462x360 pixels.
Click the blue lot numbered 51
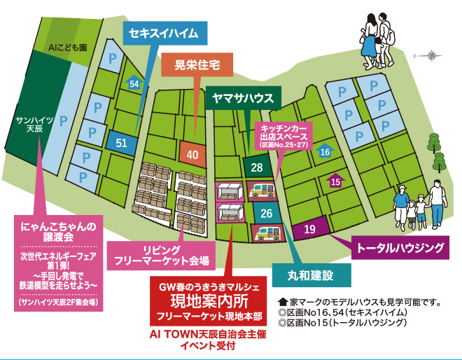121,143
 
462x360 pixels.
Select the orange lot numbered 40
193,155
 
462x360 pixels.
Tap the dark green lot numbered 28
257,167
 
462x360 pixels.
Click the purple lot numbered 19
310,229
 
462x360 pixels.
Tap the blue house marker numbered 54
134,83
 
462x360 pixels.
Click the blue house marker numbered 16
325,151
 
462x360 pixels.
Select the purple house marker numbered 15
336,181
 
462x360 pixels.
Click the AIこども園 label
67,48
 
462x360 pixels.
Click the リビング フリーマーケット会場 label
162,256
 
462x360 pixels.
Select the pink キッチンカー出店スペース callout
284,135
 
